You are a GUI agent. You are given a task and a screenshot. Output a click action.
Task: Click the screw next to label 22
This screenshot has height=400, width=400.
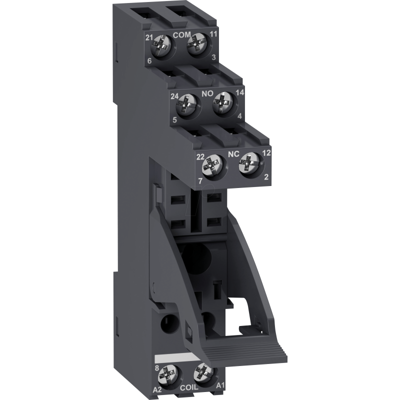212,165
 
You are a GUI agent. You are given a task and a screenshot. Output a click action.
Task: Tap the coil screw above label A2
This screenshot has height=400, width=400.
168,376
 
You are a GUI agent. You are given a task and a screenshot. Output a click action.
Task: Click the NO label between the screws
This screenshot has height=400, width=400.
207,94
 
